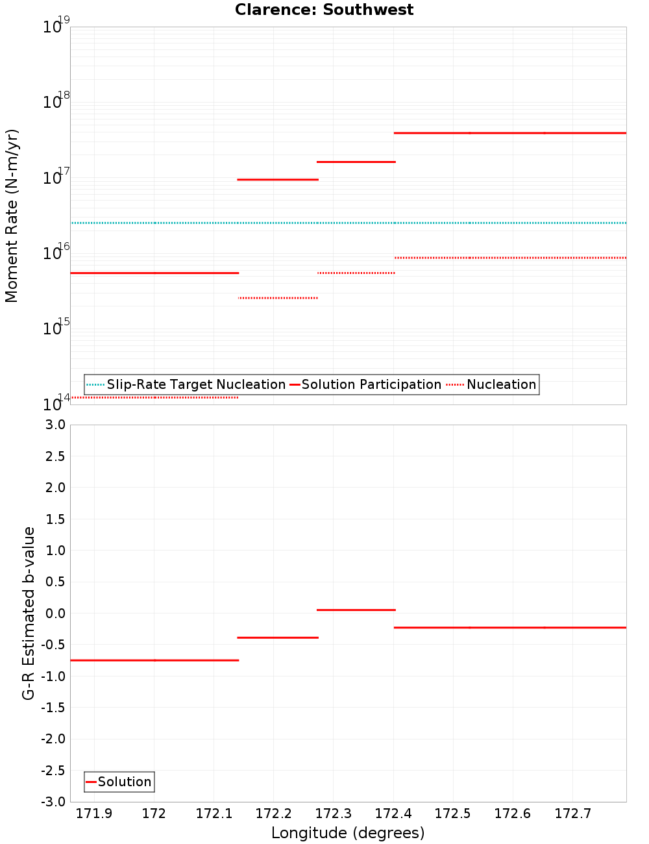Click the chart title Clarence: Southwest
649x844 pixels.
[x=324, y=10]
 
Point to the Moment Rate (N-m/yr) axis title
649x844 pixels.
[x=12, y=216]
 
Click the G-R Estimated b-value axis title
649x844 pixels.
[x=29, y=613]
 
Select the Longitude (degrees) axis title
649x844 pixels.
[x=348, y=833]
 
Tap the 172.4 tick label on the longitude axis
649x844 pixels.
[x=393, y=813]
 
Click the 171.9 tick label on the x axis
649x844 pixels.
[x=94, y=813]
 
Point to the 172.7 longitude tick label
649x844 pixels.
[x=572, y=813]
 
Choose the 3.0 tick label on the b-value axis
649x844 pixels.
[x=54, y=425]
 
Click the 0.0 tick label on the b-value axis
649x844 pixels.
[x=54, y=613]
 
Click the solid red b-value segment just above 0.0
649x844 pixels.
[x=356, y=610]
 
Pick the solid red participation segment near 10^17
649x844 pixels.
[x=278, y=179]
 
